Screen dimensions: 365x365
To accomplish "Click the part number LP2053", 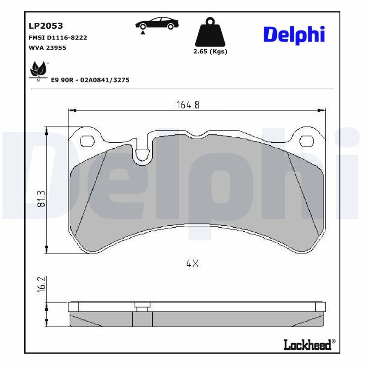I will point(46,26).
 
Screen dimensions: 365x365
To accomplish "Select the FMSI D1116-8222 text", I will point(57,37).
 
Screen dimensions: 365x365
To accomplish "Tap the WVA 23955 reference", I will point(47,47).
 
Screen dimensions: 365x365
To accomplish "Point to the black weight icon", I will point(210,31).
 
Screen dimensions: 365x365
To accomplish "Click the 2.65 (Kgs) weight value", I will point(210,52).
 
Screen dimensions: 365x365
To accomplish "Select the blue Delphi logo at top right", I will point(294,34).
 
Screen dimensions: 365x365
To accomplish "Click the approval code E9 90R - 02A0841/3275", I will point(90,80).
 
